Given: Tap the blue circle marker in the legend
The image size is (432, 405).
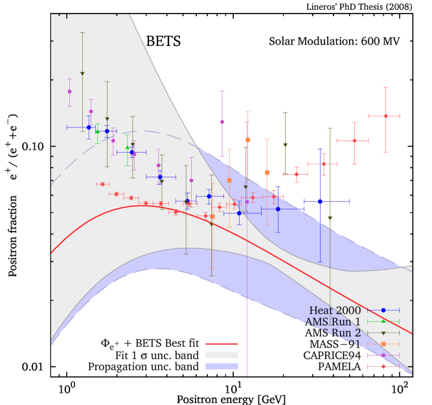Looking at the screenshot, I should pos(383,311).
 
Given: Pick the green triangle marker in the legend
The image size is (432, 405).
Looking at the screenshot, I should pos(383,321).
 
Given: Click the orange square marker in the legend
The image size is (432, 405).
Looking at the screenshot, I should pos(383,344).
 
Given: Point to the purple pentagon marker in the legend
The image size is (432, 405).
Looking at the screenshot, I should pos(383,355).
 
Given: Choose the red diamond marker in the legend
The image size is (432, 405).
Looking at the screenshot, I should pos(383,366).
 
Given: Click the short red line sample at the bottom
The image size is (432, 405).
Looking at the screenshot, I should pos(222,344).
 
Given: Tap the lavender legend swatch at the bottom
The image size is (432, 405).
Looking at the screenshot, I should pos(222,366).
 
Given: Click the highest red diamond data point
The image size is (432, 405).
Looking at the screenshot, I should pos(385,116).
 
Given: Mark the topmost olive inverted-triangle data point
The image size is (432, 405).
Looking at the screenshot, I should pos(82,74).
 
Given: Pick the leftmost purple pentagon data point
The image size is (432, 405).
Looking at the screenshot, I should pos(69,91).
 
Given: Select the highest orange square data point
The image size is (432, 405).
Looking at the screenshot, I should pos(248,140).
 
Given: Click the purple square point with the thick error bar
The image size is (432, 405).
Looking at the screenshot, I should pos(222,122).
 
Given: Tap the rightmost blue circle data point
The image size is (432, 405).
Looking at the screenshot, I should pos(320,201).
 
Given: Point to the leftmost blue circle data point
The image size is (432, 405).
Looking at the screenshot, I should pos(89,127).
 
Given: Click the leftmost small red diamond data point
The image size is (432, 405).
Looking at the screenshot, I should pos(102,184).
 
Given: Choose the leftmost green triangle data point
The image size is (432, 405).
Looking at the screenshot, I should pos(97,132).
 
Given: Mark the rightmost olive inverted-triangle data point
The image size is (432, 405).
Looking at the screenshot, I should pos(330,219).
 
